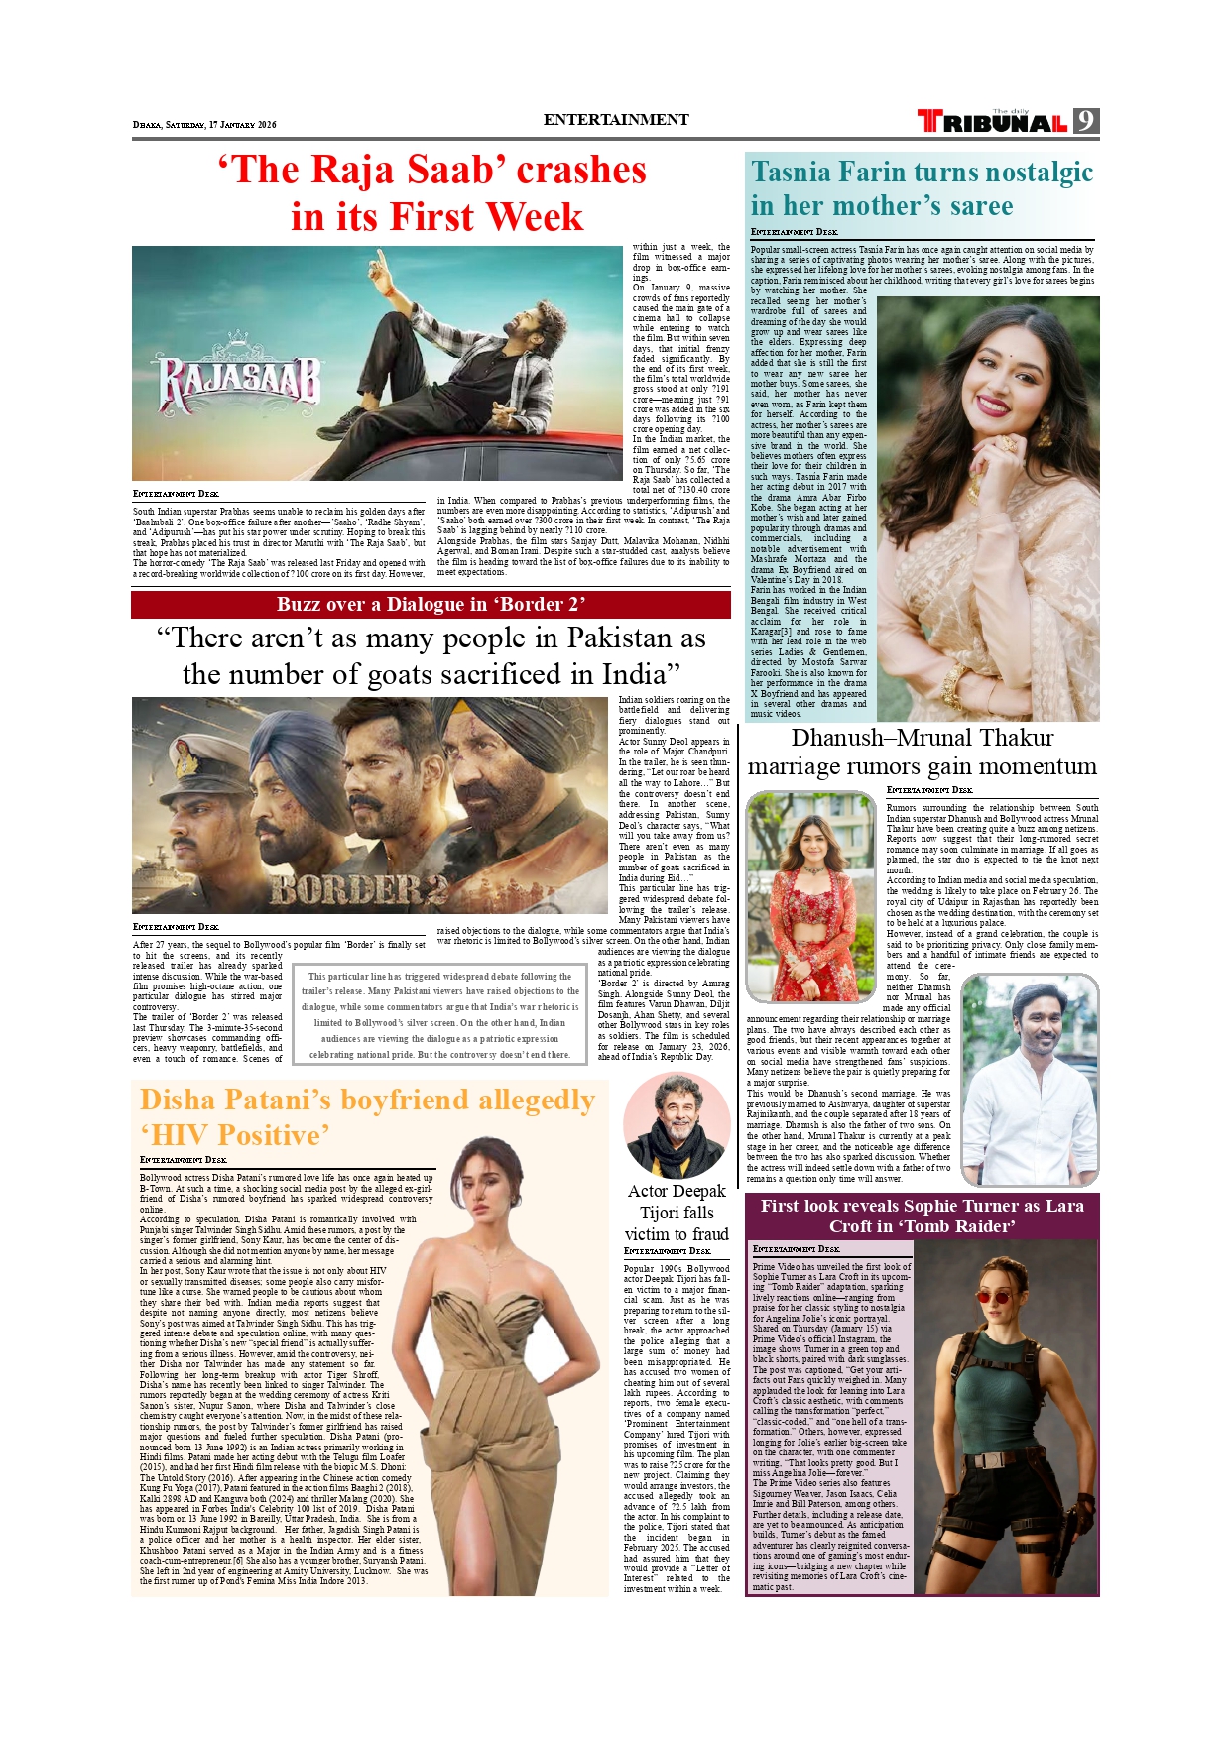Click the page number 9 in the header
(x=1086, y=121)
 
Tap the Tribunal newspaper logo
(x=992, y=122)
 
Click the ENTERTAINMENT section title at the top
(x=615, y=120)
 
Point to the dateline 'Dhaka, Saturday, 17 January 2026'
(x=204, y=125)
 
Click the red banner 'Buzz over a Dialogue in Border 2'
(x=431, y=605)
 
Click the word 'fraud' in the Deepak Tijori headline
(x=710, y=1234)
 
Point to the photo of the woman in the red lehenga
(x=810, y=896)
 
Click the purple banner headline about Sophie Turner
(x=922, y=1216)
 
